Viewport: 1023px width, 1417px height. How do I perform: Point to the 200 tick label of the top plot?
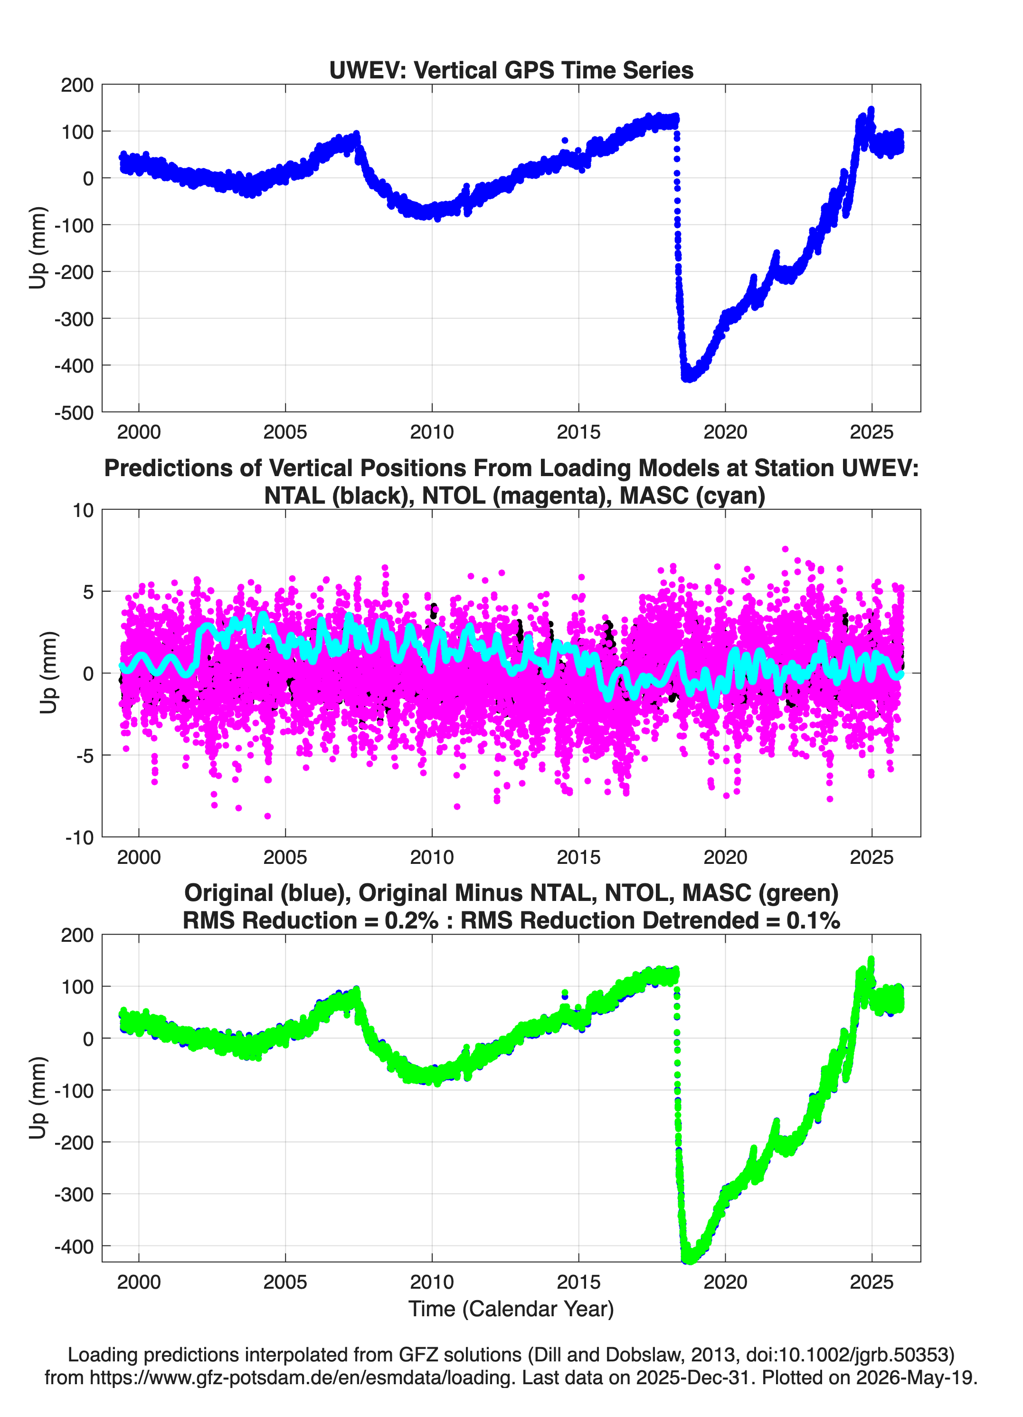coord(77,85)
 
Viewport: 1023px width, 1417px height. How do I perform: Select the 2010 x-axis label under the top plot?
coord(432,432)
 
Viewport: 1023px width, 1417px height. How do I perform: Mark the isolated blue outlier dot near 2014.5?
coord(565,141)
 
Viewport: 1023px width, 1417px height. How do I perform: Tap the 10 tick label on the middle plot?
coord(83,510)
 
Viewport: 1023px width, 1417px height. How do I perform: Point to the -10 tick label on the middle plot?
coord(79,837)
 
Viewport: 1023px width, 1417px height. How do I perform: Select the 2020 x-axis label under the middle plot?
coord(725,857)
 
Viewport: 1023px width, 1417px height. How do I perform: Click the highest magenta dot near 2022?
coord(785,549)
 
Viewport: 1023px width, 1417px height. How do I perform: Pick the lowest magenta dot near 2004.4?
coord(268,816)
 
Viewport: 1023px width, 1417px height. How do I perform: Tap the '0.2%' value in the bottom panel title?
coord(411,920)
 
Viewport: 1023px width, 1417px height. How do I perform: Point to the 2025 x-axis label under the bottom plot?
coord(872,1282)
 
